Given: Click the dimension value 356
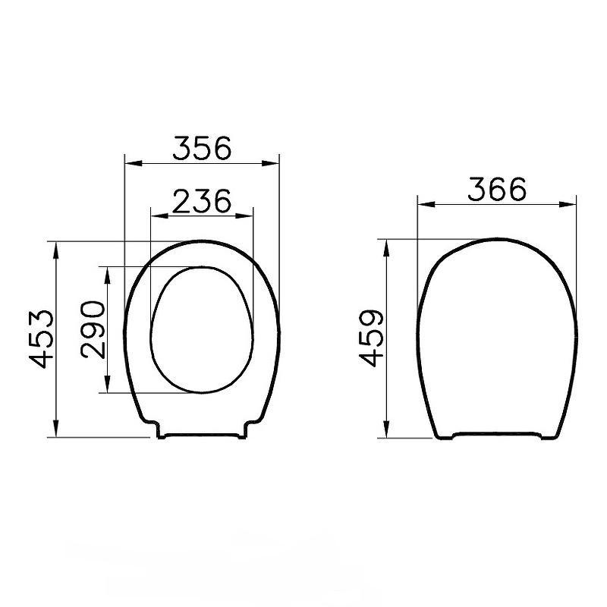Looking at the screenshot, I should point(201,148).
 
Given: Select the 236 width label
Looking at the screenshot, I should point(201,200).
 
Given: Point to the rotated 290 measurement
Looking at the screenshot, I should point(92,329).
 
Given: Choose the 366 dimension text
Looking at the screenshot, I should point(496,189).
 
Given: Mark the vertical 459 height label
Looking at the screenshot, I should point(369,338).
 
